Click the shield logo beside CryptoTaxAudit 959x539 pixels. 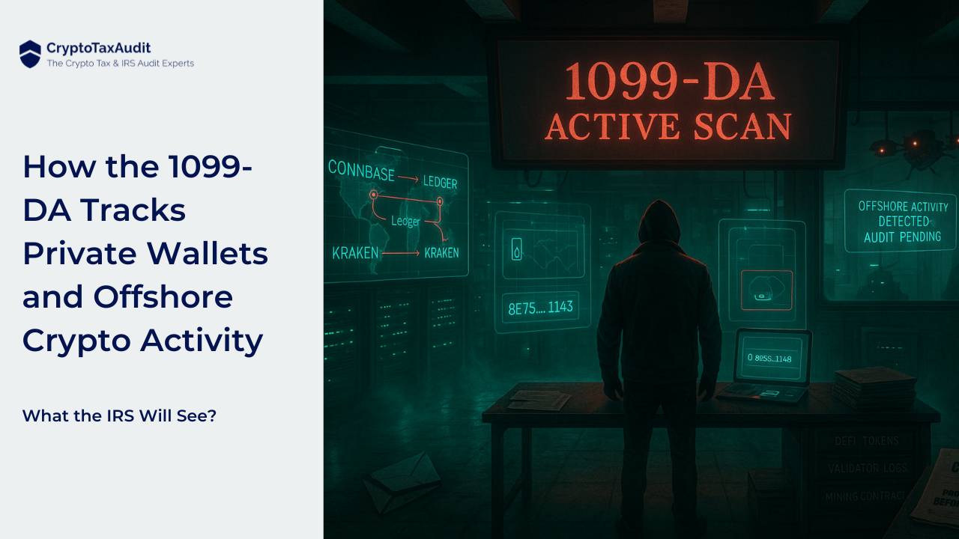click(30, 54)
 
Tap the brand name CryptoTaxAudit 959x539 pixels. click(98, 48)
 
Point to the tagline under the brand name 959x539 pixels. click(120, 64)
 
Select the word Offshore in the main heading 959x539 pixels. click(163, 297)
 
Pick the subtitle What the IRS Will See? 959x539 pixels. click(119, 415)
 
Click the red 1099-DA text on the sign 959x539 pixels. click(668, 82)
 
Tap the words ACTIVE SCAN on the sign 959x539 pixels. click(668, 127)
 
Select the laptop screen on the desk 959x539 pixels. click(772, 356)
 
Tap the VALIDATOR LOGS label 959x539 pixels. click(868, 468)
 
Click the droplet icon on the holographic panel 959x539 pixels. click(516, 250)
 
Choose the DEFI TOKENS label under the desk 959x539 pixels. click(866, 441)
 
